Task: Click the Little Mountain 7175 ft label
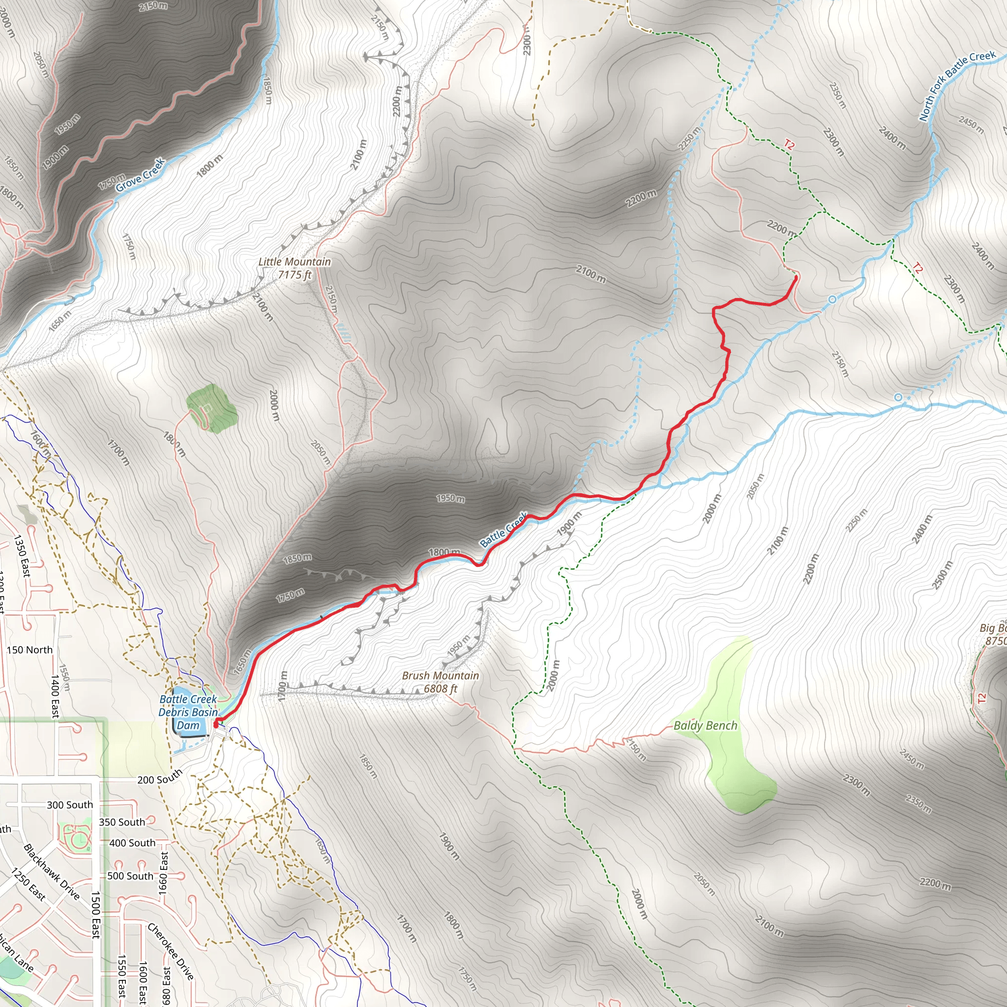click(295, 268)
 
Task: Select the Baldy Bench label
click(705, 726)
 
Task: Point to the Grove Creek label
click(140, 175)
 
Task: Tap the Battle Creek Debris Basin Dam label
click(188, 712)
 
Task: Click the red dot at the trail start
click(216, 724)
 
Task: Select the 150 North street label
click(30, 650)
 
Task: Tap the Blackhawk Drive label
click(52, 872)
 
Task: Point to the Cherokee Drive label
click(171, 951)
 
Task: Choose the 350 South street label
click(122, 822)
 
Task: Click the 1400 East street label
click(55, 697)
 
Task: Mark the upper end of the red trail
click(796, 278)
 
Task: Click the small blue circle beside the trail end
click(832, 299)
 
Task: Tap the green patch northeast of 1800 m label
click(212, 408)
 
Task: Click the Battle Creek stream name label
click(503, 530)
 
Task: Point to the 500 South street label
click(130, 876)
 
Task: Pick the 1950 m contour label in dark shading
click(450, 499)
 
